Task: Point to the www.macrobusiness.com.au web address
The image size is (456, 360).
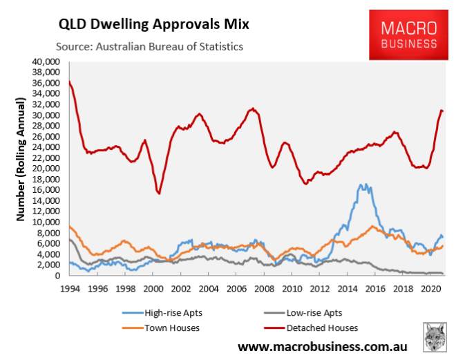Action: coord(322,345)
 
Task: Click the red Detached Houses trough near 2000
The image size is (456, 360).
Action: coord(160,193)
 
